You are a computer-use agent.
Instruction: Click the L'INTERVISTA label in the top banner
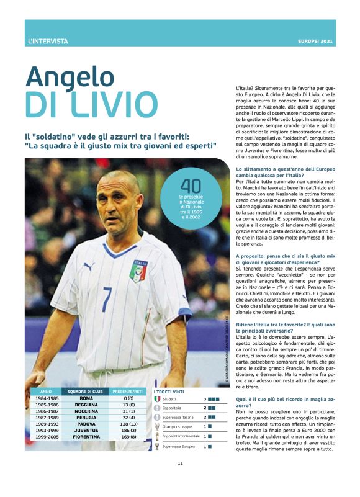pyautogui.click(x=48, y=42)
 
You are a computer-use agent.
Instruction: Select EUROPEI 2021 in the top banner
pyautogui.click(x=315, y=42)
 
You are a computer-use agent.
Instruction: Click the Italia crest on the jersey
pyautogui.click(x=138, y=271)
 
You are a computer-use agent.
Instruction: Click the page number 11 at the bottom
pyautogui.click(x=180, y=480)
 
